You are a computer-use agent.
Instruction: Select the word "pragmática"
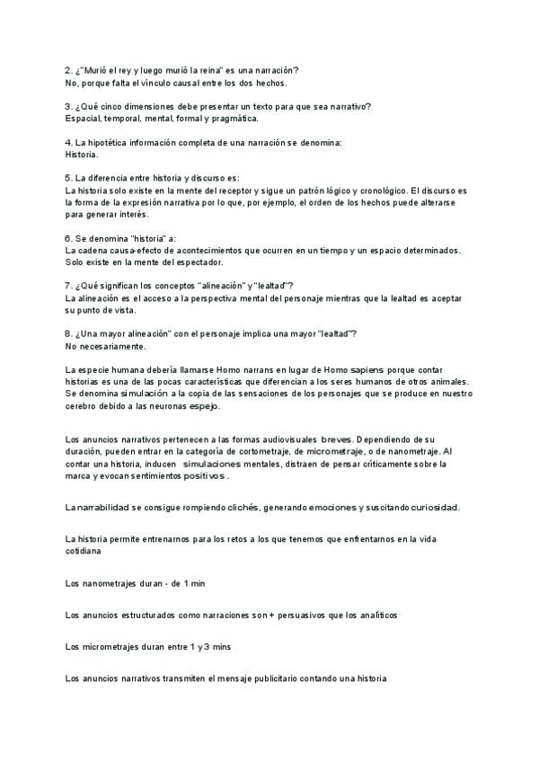click(232, 119)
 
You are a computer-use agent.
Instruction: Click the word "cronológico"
click(380, 190)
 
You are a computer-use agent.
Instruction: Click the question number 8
click(69, 334)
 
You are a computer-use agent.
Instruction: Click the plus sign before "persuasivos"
click(270, 616)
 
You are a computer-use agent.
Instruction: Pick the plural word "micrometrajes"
click(109, 647)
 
